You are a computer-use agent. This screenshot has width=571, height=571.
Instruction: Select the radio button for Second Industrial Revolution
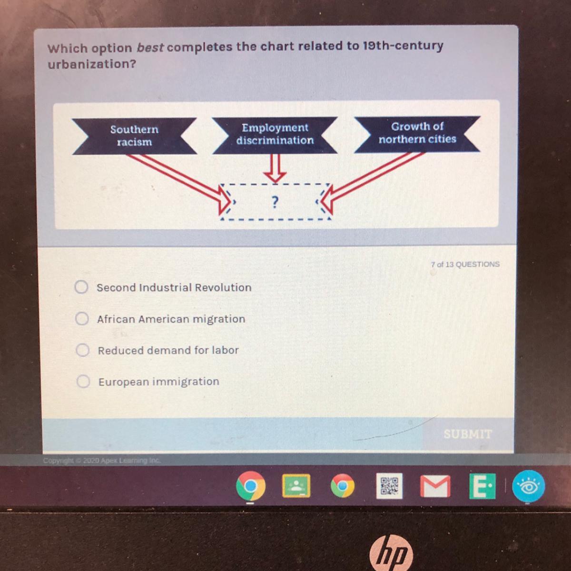pyautogui.click(x=81, y=287)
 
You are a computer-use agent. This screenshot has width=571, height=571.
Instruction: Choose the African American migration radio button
pyautogui.click(x=82, y=318)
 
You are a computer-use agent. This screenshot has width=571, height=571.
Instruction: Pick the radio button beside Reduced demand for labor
pyautogui.click(x=83, y=350)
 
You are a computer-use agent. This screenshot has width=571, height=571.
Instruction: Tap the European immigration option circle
pyautogui.click(x=84, y=382)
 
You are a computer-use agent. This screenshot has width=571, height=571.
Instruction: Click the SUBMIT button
pyautogui.click(x=467, y=434)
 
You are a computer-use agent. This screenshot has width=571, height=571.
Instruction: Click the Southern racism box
pyautogui.click(x=134, y=136)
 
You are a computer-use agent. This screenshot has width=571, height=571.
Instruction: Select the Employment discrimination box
pyautogui.click(x=275, y=134)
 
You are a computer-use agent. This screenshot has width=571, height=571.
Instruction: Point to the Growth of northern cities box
pyautogui.click(x=417, y=133)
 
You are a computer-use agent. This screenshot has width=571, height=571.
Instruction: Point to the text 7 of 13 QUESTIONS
pyautogui.click(x=465, y=264)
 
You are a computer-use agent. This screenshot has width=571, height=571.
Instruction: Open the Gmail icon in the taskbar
pyautogui.click(x=434, y=486)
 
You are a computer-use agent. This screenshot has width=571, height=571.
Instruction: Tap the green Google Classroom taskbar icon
pyautogui.click(x=296, y=486)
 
